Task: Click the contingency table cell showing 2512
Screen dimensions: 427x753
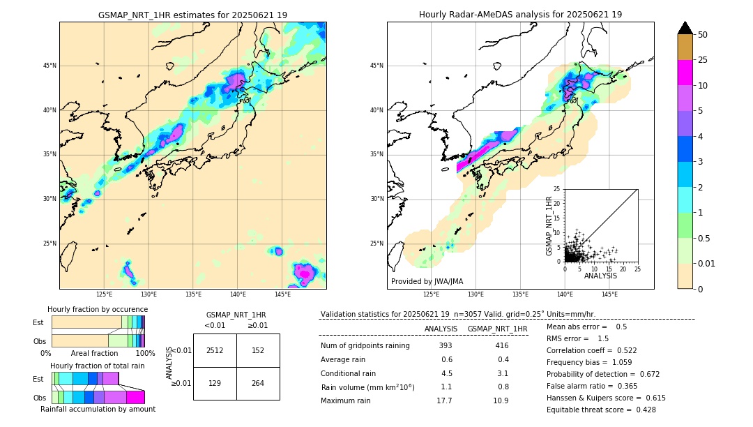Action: [x=215, y=350]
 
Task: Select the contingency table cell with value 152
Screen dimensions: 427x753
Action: [x=258, y=350]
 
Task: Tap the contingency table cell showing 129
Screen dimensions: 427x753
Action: [x=215, y=383]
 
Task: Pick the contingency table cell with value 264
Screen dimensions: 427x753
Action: [x=258, y=383]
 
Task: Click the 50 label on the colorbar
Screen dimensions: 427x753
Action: [x=703, y=35]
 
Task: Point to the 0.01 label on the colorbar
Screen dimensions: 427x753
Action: [x=707, y=263]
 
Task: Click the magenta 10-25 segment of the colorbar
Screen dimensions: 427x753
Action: [x=685, y=73]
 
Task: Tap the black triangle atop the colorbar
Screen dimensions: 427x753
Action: [x=685, y=28]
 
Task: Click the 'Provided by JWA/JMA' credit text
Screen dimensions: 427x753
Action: [x=427, y=282]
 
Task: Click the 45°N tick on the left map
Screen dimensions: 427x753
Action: [x=50, y=66]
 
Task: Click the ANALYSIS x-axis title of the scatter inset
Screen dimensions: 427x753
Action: [x=600, y=276]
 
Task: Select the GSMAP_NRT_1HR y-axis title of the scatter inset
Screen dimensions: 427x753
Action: [x=549, y=225]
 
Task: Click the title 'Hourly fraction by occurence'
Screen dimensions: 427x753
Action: [x=98, y=309]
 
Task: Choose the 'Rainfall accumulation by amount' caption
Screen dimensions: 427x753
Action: [x=98, y=409]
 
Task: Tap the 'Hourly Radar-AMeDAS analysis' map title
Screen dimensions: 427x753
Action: [x=520, y=15]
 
